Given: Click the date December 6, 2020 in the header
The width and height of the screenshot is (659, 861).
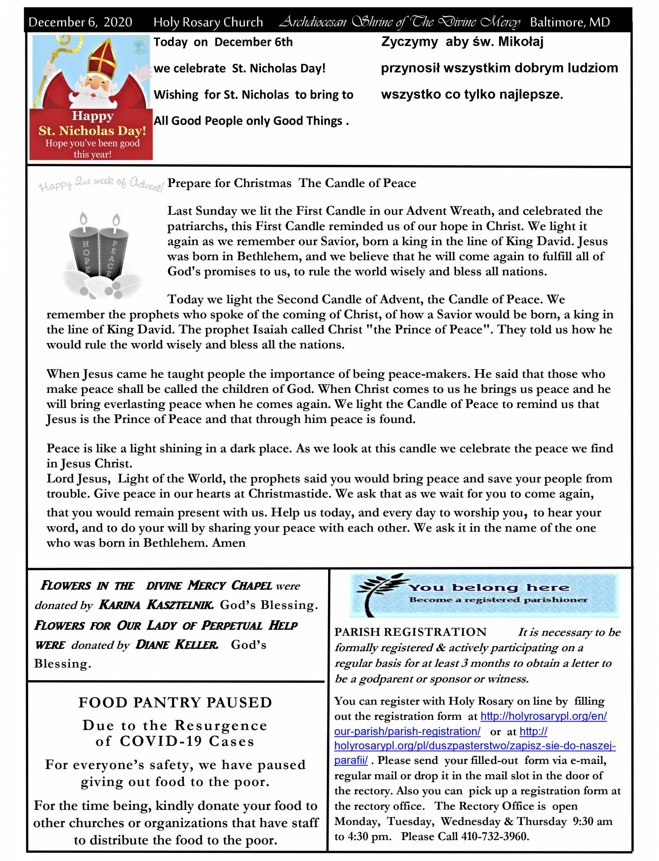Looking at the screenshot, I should point(80,22).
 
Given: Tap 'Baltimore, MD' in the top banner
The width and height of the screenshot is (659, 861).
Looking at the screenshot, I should point(569,22).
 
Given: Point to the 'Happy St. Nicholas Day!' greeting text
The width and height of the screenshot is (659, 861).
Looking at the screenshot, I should point(92,124).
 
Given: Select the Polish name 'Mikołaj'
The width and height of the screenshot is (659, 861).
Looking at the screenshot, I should point(521,42).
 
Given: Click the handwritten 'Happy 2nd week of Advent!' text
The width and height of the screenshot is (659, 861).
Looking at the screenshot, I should point(101,184).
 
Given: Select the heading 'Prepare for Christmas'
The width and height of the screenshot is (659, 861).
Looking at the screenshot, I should point(229,183).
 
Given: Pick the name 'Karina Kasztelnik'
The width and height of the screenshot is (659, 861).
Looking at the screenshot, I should point(156,605).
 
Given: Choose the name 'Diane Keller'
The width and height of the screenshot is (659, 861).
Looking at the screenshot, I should point(177,645).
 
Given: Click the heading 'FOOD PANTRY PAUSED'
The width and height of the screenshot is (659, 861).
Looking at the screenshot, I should point(175,702).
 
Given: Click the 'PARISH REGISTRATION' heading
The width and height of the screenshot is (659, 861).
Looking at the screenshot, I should point(411,632).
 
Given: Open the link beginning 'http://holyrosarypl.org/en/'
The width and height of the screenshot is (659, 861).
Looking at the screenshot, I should point(543,716).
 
